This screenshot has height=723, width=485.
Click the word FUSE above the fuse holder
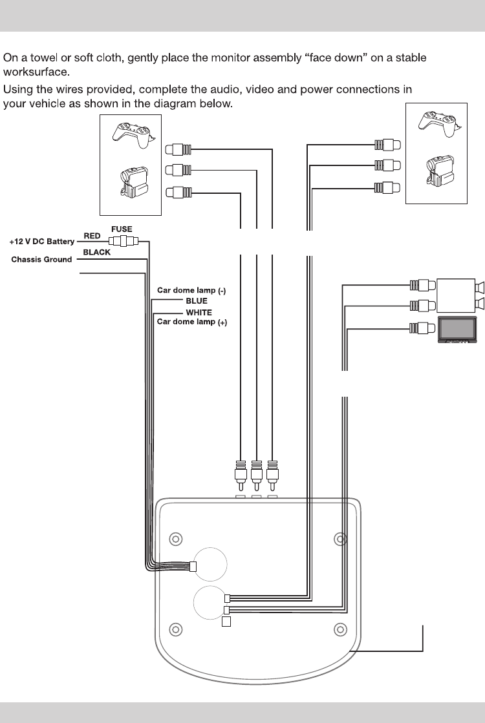pos(121,229)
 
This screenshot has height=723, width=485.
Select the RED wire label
pos(92,236)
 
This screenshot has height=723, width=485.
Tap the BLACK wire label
pos(97,253)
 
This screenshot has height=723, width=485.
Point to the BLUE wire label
pos(197,301)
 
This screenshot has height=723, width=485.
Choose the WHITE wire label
pos(199,313)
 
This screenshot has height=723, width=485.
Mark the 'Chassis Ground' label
pos(42,260)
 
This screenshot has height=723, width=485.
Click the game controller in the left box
pos(130,131)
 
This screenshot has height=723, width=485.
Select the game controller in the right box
pos(438,123)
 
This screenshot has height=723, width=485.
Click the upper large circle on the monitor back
pos(211,563)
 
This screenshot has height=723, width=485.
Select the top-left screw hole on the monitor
pos(174,538)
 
